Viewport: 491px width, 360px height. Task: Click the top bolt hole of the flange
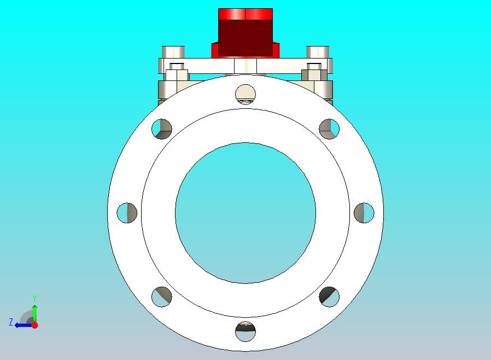[x=245, y=94]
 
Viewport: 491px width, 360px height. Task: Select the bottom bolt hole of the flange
[x=245, y=331]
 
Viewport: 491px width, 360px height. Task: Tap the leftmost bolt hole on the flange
[x=127, y=213]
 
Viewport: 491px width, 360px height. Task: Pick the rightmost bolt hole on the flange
[x=364, y=213]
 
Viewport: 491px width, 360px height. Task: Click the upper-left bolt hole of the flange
[x=162, y=129]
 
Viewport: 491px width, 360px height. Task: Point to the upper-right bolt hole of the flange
[x=329, y=129]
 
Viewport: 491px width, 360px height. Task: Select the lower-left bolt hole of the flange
[x=162, y=297]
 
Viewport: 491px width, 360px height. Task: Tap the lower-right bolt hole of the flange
[x=329, y=297]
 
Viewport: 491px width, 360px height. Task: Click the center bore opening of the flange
[x=245, y=213]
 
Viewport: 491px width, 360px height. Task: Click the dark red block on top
[x=245, y=38]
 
